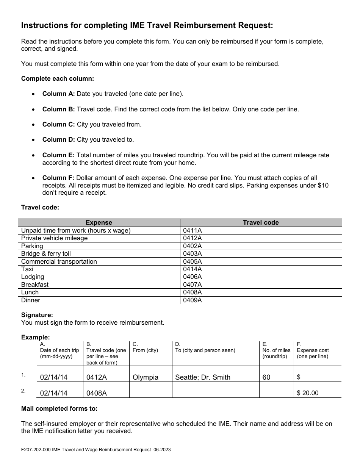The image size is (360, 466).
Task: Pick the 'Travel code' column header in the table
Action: pyautogui.click(x=261, y=223)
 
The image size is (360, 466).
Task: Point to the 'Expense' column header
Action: pyautogui.click(x=99, y=223)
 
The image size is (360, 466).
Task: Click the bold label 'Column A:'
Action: pyautogui.click(x=58, y=94)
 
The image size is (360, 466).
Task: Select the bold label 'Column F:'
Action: pyautogui.click(x=58, y=178)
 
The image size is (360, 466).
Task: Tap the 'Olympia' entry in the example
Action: pyautogui.click(x=146, y=377)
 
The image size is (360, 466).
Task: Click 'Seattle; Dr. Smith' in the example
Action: pyautogui.click(x=202, y=377)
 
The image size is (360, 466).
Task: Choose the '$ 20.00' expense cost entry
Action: pyautogui.click(x=308, y=393)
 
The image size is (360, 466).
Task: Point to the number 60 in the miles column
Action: pyautogui.click(x=266, y=377)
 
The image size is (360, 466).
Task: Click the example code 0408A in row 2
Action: pyautogui.click(x=97, y=393)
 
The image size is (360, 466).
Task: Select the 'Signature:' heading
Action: pyautogui.click(x=37, y=315)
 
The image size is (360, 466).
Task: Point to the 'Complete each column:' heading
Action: pyautogui.click(x=58, y=78)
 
